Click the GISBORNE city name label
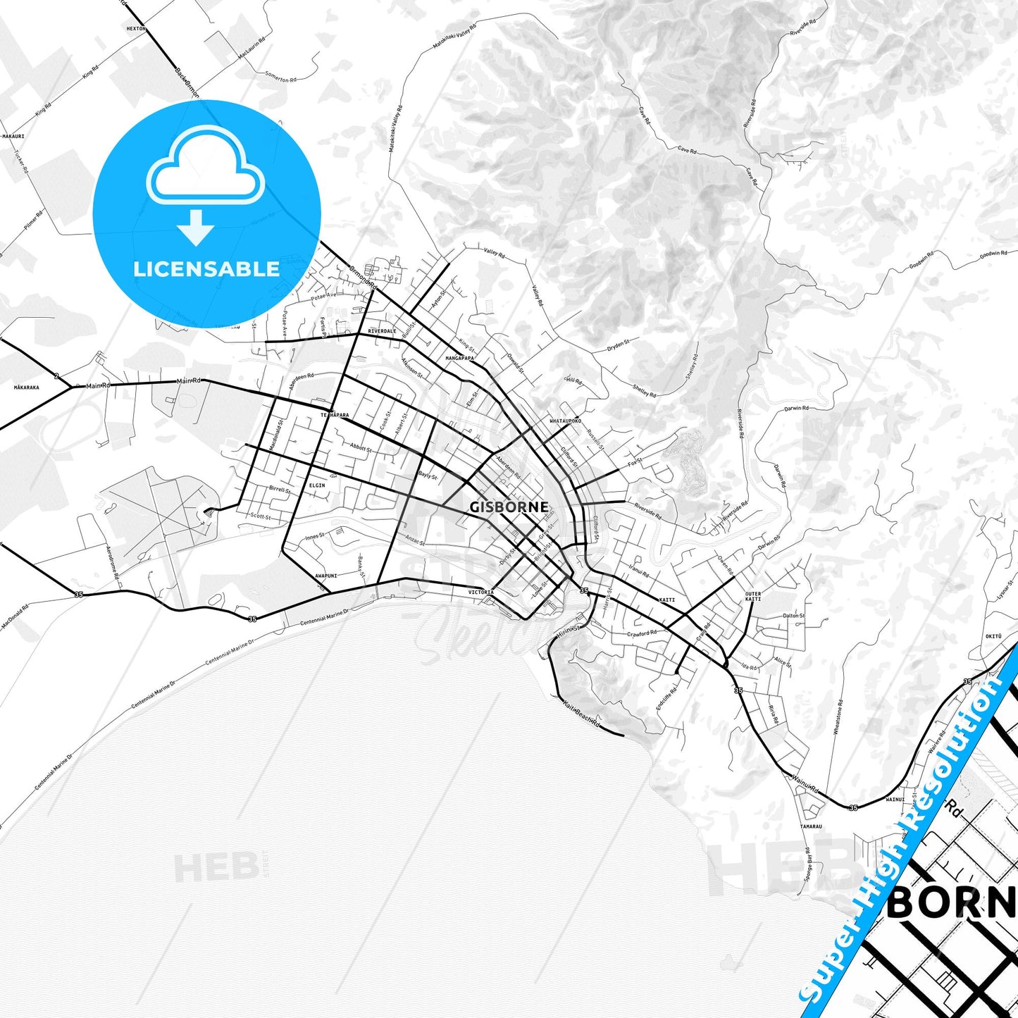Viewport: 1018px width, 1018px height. (509, 507)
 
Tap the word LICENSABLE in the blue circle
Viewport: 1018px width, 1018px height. (206, 269)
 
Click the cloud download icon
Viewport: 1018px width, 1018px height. (205, 185)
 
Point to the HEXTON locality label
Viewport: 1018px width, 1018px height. (135, 29)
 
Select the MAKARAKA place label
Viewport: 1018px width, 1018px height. (27, 387)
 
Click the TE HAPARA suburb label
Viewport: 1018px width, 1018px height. (335, 416)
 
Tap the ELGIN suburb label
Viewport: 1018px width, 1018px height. (317, 485)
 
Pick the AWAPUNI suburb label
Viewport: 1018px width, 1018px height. (325, 576)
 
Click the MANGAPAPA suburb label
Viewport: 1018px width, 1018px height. (459, 359)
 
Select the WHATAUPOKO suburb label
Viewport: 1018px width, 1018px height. (565, 421)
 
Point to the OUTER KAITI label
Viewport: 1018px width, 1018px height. (753, 596)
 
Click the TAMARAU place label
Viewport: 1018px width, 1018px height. (811, 826)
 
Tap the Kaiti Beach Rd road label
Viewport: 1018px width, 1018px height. (582, 712)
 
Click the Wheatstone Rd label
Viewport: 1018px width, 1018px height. (838, 717)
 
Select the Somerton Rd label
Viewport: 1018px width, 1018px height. (279, 77)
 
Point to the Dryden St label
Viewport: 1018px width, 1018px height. (618, 345)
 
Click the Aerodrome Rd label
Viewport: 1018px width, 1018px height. (112, 562)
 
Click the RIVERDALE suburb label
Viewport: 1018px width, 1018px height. (382, 331)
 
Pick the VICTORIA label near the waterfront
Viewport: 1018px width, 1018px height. (481, 592)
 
